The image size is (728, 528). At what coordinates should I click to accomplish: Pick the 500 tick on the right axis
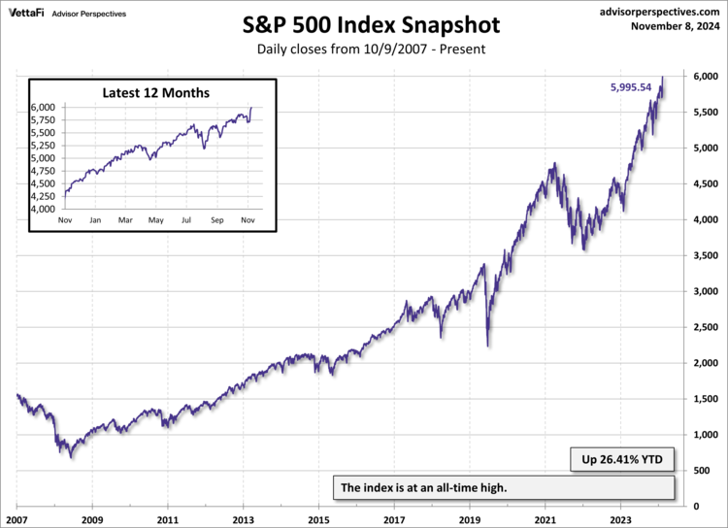coord(707,471)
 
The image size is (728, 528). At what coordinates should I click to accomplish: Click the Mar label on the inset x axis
coord(125,221)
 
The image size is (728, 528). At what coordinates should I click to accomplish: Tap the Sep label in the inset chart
coord(216,221)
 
